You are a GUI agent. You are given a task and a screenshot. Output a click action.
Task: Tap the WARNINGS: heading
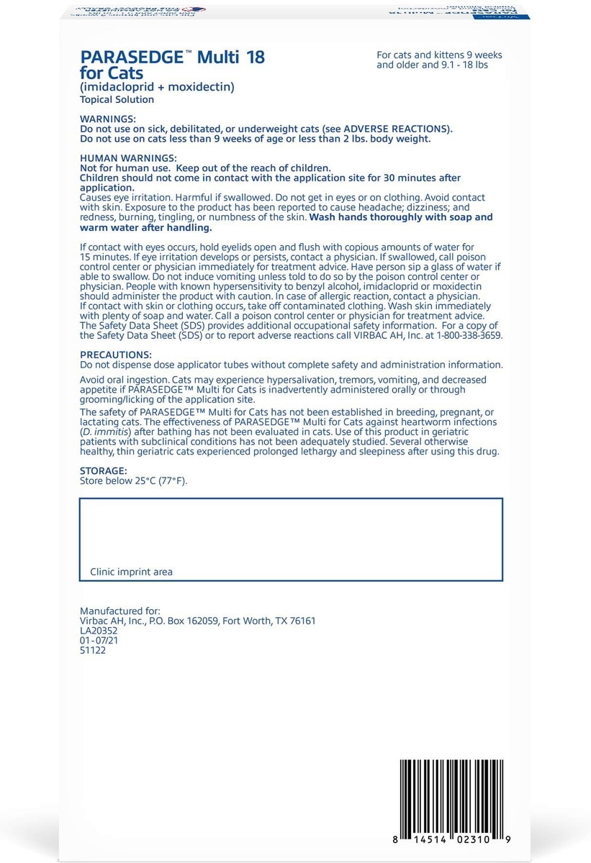pyautogui.click(x=107, y=119)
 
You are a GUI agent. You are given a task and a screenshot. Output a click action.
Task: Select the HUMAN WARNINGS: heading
pyautogui.click(x=127, y=158)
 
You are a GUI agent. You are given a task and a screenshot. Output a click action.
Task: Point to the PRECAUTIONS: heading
pyautogui.click(x=115, y=355)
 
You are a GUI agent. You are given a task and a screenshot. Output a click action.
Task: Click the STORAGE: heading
pyautogui.click(x=104, y=471)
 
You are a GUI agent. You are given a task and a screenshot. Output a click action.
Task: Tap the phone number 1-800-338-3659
pyautogui.click(x=470, y=336)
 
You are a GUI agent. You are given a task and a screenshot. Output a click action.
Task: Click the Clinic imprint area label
pyautogui.click(x=131, y=572)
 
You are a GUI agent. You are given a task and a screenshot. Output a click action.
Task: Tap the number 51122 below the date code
pyautogui.click(x=94, y=650)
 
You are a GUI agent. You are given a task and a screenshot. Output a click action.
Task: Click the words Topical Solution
pyautogui.click(x=117, y=100)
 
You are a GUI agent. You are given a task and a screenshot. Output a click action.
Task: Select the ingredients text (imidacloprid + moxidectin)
pyautogui.click(x=158, y=88)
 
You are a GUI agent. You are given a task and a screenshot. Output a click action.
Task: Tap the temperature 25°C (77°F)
pyautogui.click(x=153, y=481)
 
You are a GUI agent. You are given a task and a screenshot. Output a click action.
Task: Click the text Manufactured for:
pyautogui.click(x=120, y=611)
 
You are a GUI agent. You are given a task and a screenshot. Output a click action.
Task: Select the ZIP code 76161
pyautogui.click(x=300, y=621)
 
